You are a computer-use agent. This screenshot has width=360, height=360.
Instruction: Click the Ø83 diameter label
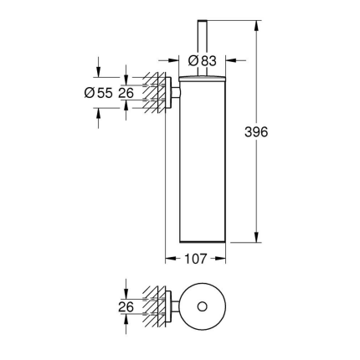204,60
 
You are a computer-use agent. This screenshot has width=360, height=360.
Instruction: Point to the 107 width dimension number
197,259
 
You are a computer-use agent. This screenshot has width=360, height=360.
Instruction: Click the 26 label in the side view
126,94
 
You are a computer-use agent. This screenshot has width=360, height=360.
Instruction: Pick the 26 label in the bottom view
126,306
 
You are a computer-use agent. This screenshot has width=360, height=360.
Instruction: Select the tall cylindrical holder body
198,159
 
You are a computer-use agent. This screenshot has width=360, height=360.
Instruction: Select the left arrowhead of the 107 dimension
169,259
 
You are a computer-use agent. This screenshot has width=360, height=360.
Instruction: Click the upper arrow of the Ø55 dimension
99,73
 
